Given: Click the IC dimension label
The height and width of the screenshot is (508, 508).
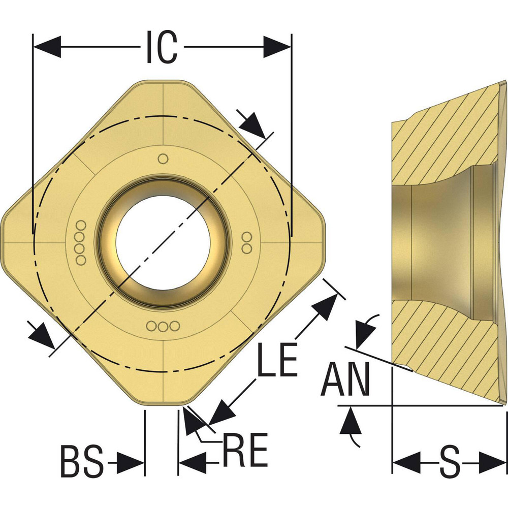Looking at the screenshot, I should tap(162, 47).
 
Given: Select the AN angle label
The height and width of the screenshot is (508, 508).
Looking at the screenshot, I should tap(346, 380).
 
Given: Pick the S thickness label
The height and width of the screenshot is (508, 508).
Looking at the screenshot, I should tap(449, 463).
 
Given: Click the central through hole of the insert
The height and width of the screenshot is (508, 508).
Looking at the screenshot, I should tap(163, 241).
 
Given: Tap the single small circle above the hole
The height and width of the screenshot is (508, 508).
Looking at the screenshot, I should tap(163, 158).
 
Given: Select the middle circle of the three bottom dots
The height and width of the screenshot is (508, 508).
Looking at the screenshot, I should tap(163, 326).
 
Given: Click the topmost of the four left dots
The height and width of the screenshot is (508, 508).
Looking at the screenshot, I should tap(81, 226).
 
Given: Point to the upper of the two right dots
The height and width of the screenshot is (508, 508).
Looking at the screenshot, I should tap(247, 237).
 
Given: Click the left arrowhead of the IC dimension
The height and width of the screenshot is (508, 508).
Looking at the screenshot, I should tap(47, 47).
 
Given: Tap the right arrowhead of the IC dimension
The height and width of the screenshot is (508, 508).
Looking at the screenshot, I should tap(278, 47).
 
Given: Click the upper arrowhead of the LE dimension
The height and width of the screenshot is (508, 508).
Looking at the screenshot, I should tap(326, 305).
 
